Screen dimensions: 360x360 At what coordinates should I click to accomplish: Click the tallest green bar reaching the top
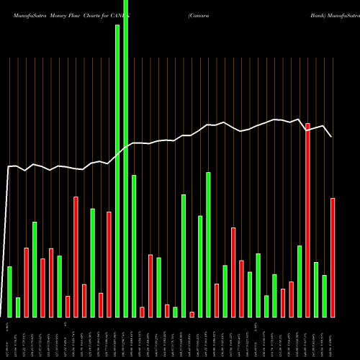click(x=126, y=158)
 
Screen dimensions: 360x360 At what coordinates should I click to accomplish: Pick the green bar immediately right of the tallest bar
click(x=134, y=246)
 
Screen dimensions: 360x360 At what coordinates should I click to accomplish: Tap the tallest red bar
click(x=307, y=220)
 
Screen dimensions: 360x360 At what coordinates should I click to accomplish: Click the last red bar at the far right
click(x=333, y=257)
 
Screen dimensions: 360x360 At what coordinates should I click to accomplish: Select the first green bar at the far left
click(x=10, y=292)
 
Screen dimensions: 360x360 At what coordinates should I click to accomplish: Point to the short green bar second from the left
click(x=18, y=307)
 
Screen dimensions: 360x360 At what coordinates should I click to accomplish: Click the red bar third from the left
click(x=27, y=282)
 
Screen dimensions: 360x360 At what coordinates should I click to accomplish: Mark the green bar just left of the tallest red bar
click(x=300, y=281)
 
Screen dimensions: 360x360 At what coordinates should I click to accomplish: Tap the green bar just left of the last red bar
click(x=325, y=296)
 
